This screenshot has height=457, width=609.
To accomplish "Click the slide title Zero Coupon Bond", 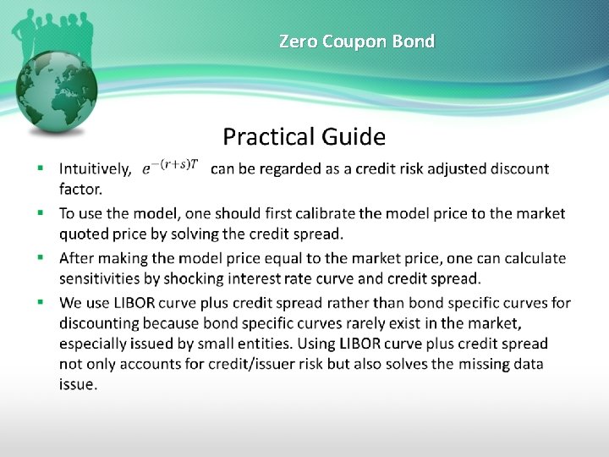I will pos(357,41).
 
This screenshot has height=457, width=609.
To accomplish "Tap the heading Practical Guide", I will pos(304,136).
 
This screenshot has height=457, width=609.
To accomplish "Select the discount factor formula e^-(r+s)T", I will pos(170,166).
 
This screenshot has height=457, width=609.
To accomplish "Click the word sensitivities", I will pos(98,278).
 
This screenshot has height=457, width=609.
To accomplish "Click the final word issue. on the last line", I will pos(79,384).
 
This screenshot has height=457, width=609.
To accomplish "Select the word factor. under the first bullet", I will pos(80,189).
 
